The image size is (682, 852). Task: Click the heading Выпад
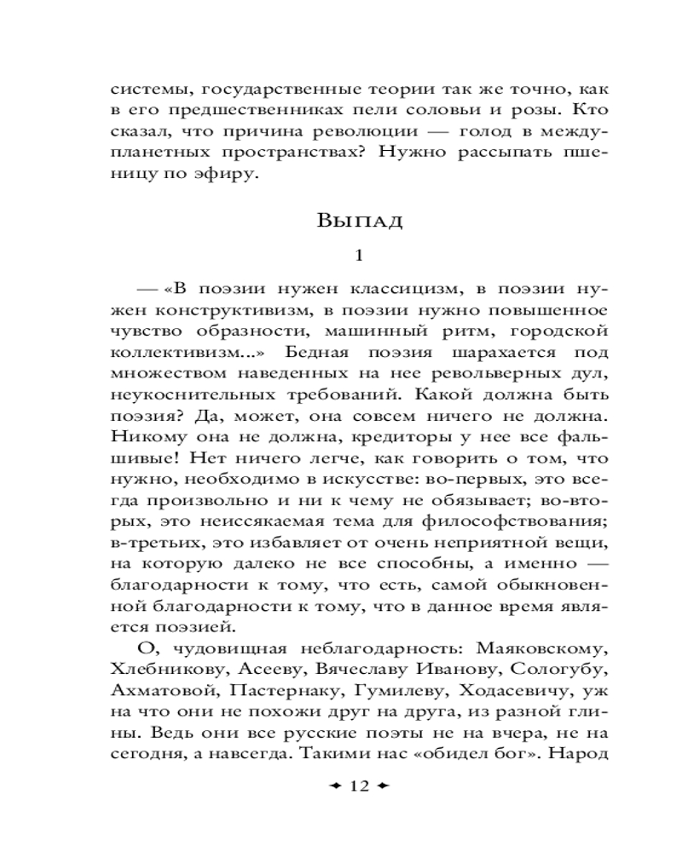[x=358, y=220]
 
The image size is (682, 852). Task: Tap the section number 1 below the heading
[x=359, y=255]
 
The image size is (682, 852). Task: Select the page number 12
[x=358, y=786]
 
